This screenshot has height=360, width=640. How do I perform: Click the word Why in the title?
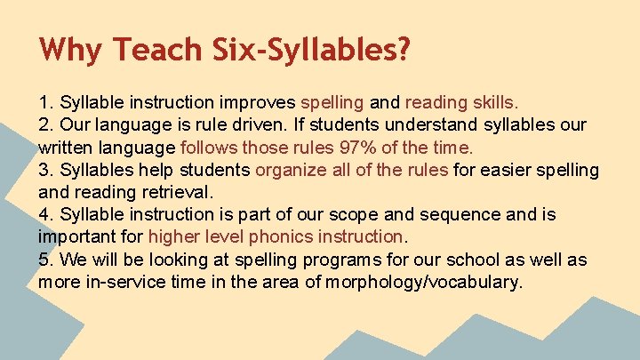pyautogui.click(x=68, y=49)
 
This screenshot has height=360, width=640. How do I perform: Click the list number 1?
pyautogui.click(x=44, y=101)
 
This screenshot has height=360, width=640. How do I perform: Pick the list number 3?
pyautogui.click(x=44, y=169)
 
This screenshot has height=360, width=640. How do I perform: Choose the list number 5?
pyautogui.click(x=44, y=260)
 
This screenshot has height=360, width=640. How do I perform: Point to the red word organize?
pyautogui.click(x=292, y=169)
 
